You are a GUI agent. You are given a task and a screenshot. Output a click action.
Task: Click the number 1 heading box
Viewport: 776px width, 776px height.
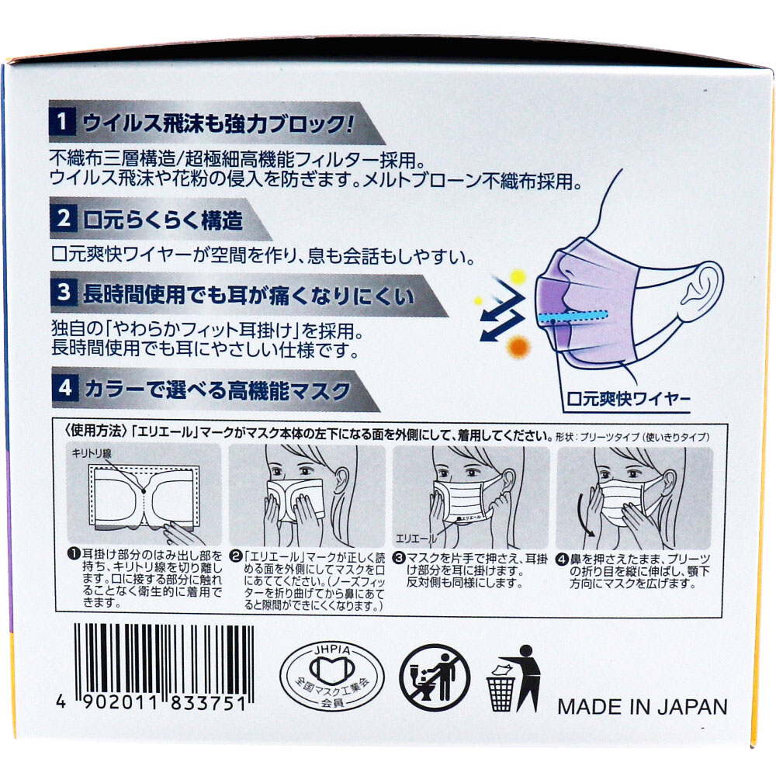[62, 121]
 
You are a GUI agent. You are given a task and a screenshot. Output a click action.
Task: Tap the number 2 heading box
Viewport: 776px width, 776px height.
[64, 218]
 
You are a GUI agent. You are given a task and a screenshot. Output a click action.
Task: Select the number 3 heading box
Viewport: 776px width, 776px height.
[64, 293]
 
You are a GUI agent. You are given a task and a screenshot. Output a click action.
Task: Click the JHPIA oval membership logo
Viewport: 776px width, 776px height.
[332, 676]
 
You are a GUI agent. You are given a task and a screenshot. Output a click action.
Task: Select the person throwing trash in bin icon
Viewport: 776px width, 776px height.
[514, 678]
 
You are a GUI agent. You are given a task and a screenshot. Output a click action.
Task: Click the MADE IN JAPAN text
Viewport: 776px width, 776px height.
[643, 707]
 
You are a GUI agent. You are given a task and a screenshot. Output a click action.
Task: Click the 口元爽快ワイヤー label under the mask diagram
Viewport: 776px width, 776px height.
[628, 399]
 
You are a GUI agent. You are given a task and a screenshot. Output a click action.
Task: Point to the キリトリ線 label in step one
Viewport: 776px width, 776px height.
[92, 453]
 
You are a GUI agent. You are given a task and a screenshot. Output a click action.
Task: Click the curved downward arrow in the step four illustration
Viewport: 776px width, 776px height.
[584, 516]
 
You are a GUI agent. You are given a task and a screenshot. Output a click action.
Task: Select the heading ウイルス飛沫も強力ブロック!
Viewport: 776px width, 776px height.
[218, 123]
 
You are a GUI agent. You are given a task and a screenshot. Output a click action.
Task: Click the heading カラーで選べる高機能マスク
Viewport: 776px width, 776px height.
[218, 390]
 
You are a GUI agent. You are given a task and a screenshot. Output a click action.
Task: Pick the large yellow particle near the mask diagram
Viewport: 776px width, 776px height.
[517, 277]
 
